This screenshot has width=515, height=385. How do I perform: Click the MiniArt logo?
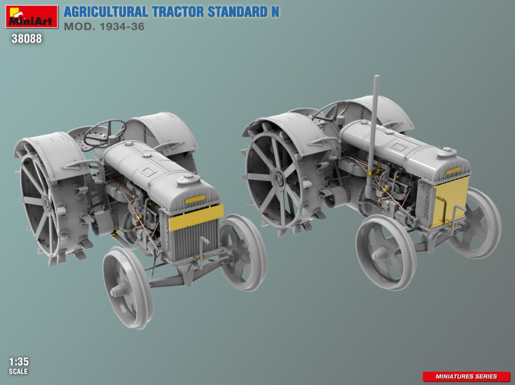[31, 16]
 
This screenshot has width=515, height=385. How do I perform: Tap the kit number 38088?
[27, 39]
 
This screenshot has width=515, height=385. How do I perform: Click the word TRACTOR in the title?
[178, 12]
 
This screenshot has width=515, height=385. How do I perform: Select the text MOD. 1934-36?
[104, 27]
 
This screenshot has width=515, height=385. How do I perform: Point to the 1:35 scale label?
[19, 362]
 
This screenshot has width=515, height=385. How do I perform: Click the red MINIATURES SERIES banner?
[466, 377]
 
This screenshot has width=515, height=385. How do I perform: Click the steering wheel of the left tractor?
[104, 133]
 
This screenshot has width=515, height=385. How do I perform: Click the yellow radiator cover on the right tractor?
[450, 201]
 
